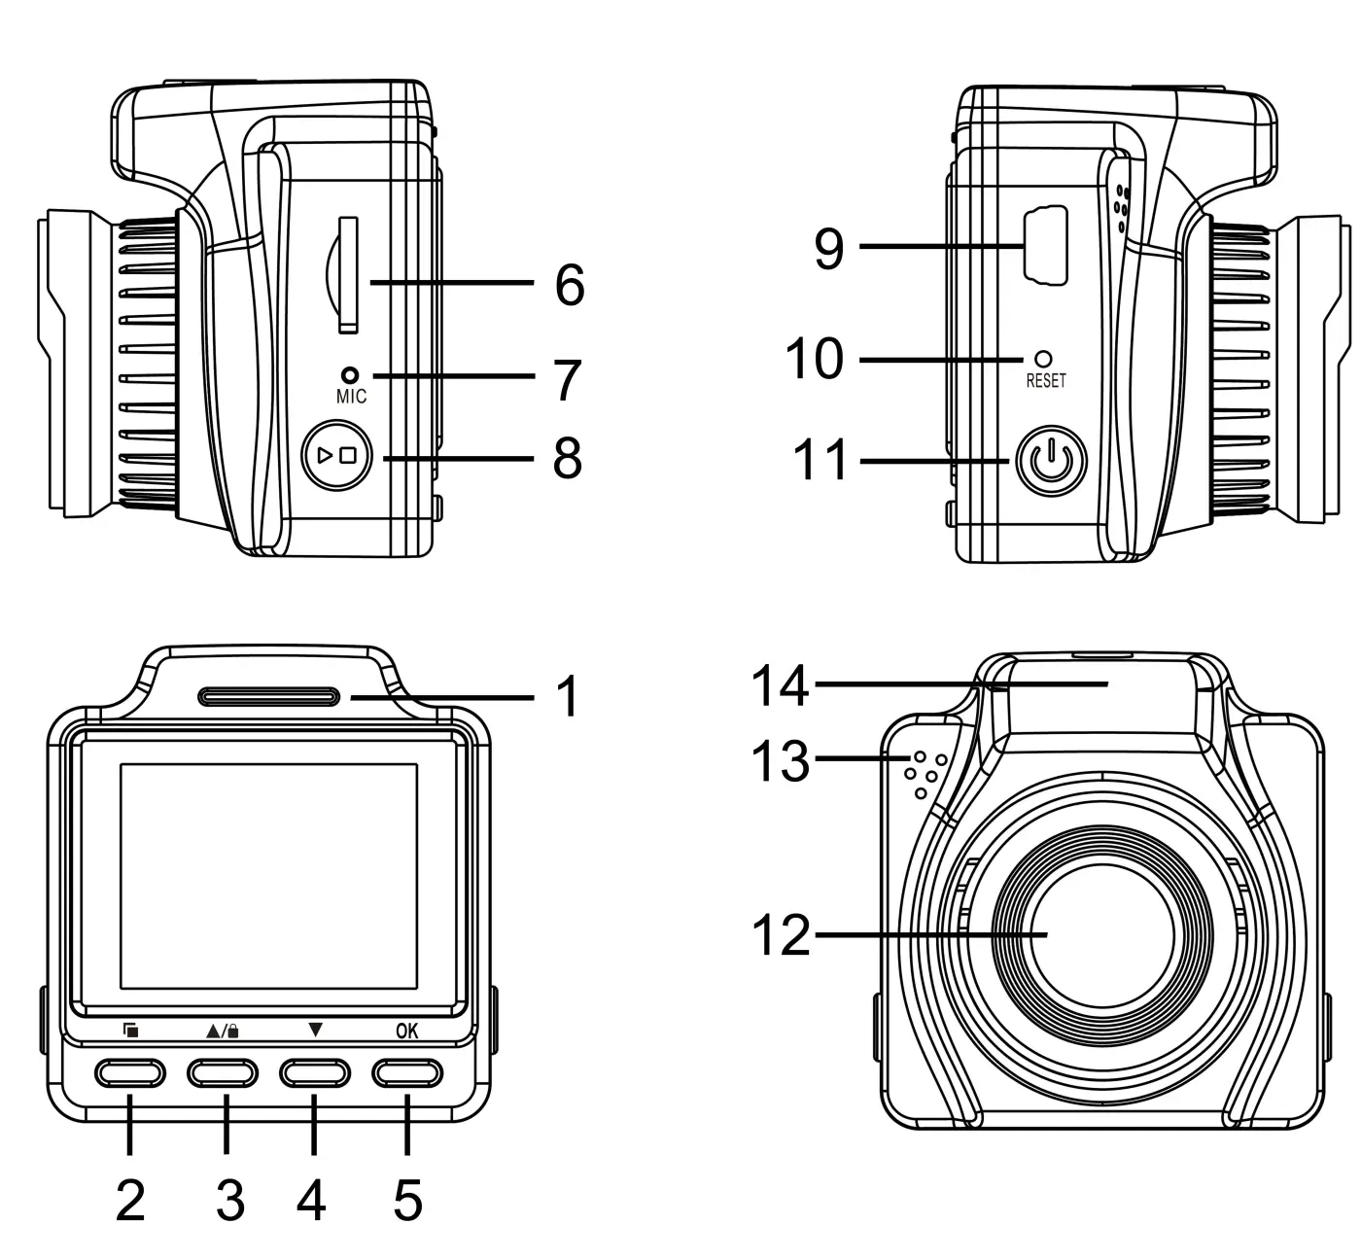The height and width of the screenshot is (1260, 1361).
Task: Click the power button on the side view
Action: pyautogui.click(x=1050, y=462)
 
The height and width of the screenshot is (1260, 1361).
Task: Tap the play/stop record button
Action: pyautogui.click(x=338, y=455)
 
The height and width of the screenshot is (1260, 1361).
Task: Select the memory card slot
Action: pyautogui.click(x=347, y=275)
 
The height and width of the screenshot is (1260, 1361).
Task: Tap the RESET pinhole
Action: pyautogui.click(x=1045, y=360)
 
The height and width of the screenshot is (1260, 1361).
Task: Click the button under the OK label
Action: pyautogui.click(x=406, y=1072)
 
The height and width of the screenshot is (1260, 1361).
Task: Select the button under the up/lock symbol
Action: pyautogui.click(x=223, y=1072)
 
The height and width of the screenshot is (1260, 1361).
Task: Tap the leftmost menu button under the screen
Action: pyautogui.click(x=130, y=1072)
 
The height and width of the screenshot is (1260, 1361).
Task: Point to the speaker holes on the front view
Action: pyautogui.click(x=924, y=774)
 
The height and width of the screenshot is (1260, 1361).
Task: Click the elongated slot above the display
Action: pyautogui.click(x=268, y=696)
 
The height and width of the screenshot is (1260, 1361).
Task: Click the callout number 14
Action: pyautogui.click(x=780, y=685)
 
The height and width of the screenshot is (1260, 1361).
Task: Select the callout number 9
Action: pyautogui.click(x=829, y=250)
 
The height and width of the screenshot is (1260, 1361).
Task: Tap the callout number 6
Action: pyautogui.click(x=569, y=285)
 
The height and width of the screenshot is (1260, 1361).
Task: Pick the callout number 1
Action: pyautogui.click(x=566, y=697)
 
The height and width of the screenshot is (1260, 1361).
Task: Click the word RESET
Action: pyautogui.click(x=1046, y=382)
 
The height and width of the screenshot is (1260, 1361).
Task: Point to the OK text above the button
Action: pyautogui.click(x=407, y=1032)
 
